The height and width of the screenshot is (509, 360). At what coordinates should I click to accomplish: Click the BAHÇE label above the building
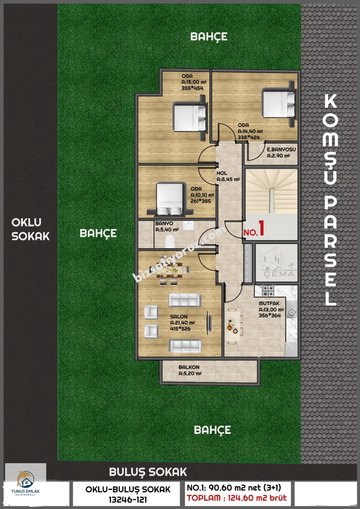pyautogui.click(x=209, y=36)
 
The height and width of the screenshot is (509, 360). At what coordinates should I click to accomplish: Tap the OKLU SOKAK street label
pyautogui.click(x=31, y=229)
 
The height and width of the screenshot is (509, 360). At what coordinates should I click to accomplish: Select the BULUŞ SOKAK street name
pyautogui.click(x=148, y=472)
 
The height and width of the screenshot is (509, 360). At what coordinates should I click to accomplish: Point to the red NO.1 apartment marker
pyautogui.click(x=254, y=229)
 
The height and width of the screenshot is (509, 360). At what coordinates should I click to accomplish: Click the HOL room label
pyautogui.click(x=222, y=173)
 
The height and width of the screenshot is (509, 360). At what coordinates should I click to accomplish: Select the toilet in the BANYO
pyautogui.click(x=170, y=241)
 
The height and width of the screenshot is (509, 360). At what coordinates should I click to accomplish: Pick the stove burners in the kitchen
pyautogui.click(x=268, y=291)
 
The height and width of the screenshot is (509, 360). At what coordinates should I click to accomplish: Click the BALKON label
pyautogui.click(x=189, y=367)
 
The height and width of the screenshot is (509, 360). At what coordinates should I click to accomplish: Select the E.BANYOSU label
pyautogui.click(x=281, y=149)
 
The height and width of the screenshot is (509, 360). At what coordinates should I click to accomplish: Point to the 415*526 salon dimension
pyautogui.click(x=180, y=329)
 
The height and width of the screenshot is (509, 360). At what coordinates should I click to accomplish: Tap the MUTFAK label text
pyautogui.click(x=269, y=303)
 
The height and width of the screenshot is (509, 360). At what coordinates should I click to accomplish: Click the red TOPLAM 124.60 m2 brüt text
pyautogui.click(x=237, y=498)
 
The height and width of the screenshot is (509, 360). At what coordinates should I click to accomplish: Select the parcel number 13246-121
pyautogui.click(x=128, y=500)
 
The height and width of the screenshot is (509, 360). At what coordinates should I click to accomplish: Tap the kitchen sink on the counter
pyautogui.click(x=290, y=309)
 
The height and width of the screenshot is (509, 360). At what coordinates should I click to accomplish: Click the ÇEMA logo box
pyautogui.click(x=276, y=263)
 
